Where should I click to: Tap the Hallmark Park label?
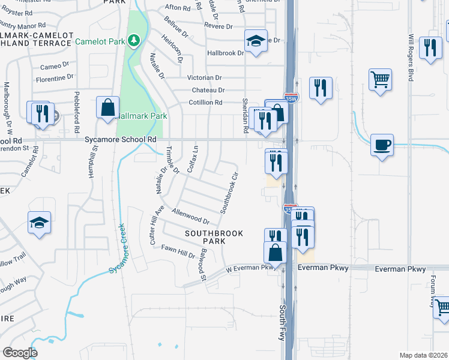click(x=140, y=115)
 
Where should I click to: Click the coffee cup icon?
click(x=382, y=145)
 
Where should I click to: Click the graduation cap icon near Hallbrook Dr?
click(x=256, y=41)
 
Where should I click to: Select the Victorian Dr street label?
click(x=204, y=78)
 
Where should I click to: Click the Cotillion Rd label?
click(x=205, y=103)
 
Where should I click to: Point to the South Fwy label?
click(x=282, y=322)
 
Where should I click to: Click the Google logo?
click(x=20, y=352)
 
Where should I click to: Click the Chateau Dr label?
click(x=208, y=90)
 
